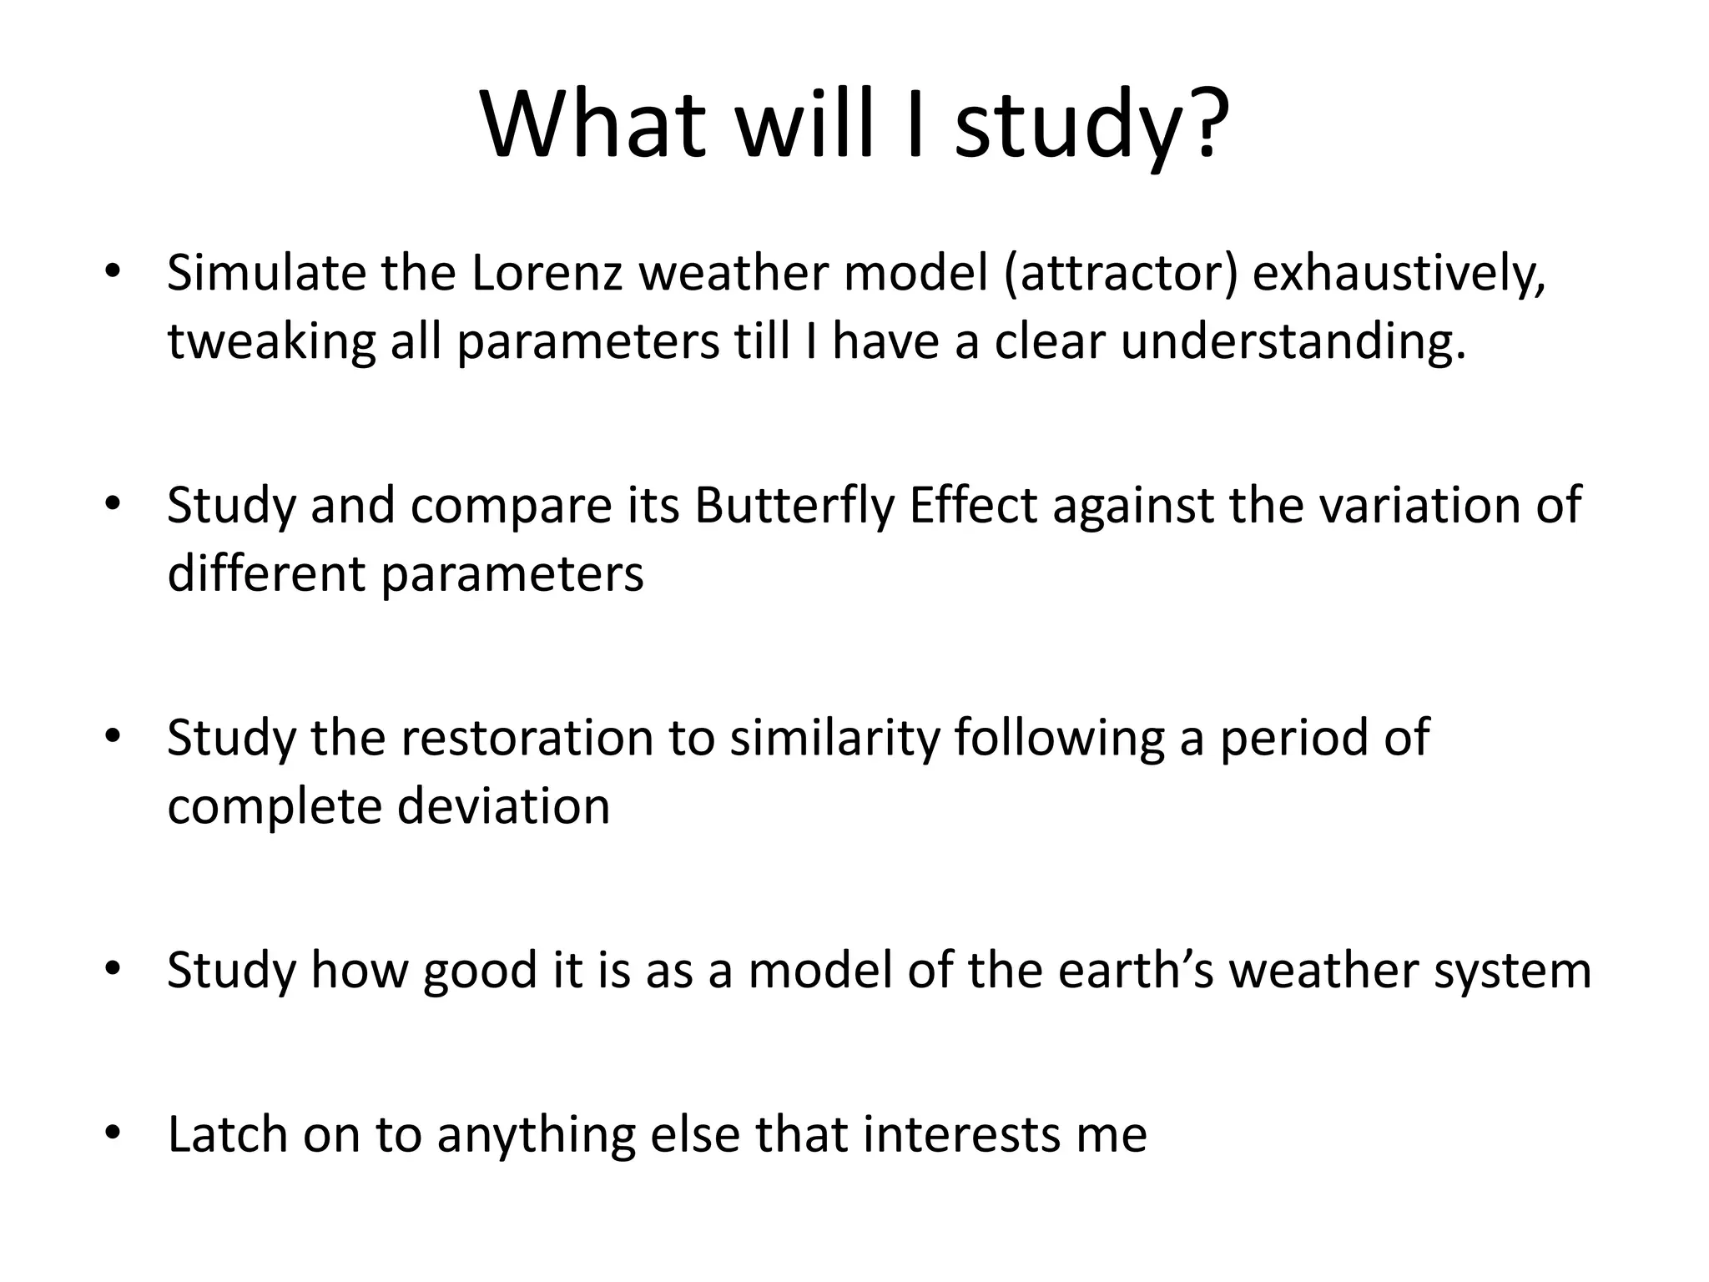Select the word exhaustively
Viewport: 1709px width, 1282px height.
(1399, 273)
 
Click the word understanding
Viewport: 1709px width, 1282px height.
(1292, 342)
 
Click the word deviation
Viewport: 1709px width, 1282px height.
(503, 806)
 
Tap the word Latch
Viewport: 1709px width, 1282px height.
(227, 1133)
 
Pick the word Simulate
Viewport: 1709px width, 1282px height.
(266, 273)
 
